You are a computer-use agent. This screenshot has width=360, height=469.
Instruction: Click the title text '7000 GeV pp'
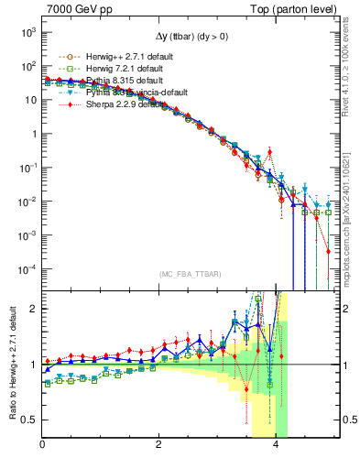(74, 8)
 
